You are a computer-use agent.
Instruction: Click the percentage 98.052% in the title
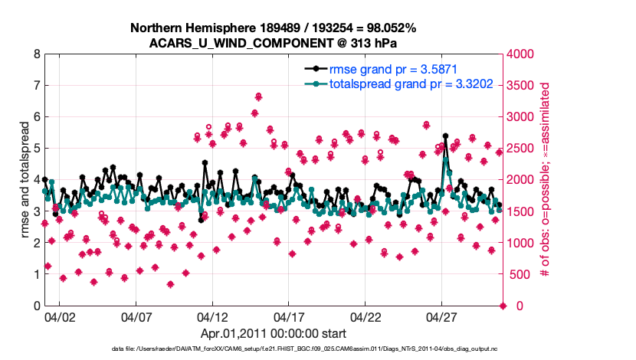(387, 28)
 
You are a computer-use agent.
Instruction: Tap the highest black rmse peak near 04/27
(445, 136)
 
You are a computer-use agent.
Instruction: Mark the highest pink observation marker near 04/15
(259, 96)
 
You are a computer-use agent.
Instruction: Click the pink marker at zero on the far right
(503, 306)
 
